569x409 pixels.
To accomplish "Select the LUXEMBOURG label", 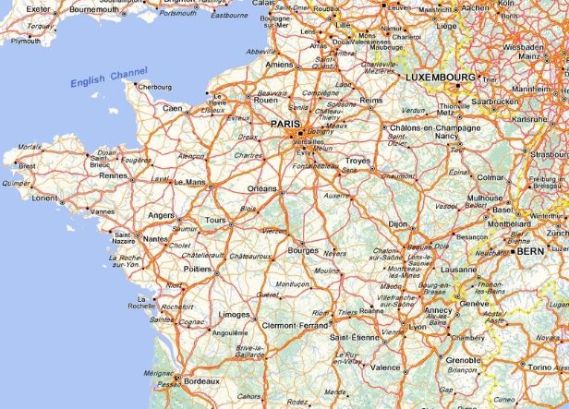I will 441,78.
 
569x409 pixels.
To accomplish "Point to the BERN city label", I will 530,250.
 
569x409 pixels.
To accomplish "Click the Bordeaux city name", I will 201,380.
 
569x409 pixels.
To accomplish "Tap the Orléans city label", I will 262,188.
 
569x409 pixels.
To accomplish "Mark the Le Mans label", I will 189,181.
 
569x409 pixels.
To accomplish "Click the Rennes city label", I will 113,175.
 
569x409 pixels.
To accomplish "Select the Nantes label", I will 155,239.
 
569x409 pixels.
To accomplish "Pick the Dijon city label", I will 396,223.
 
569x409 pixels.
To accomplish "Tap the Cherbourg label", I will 154,87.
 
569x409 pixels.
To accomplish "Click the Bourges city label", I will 302,249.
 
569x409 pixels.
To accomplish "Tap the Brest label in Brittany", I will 27,166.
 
